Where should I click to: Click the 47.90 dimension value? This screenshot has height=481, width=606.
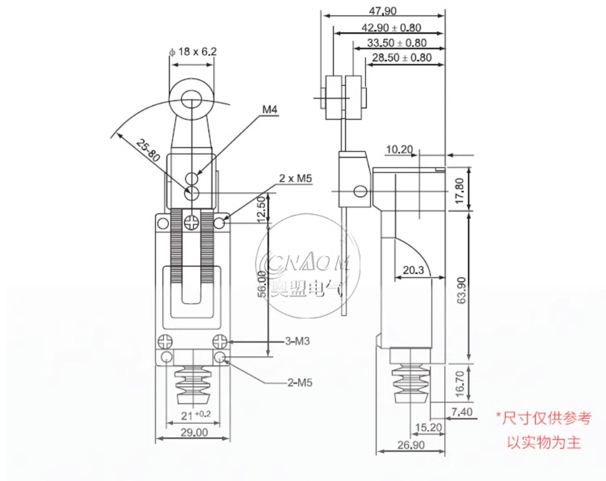point(382,11)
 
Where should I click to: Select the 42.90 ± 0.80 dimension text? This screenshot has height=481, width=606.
point(391,28)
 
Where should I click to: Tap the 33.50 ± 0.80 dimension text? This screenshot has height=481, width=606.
point(397,43)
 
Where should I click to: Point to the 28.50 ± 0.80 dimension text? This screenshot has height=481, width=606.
point(402,58)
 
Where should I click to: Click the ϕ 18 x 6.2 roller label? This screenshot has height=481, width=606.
point(193,52)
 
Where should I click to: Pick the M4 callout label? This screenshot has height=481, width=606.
point(270,110)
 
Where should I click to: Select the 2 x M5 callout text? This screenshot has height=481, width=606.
point(296,178)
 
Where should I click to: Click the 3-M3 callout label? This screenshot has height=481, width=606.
point(297,342)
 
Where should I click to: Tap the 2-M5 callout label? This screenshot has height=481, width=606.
point(300,383)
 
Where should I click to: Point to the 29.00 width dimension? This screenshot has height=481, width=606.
point(194,432)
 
